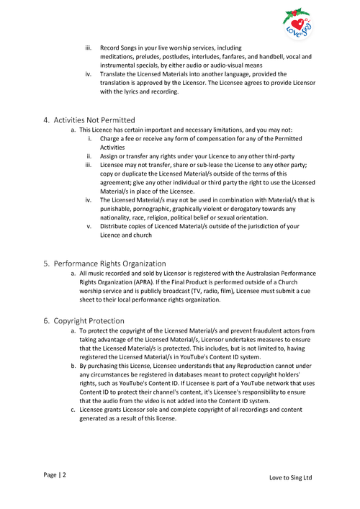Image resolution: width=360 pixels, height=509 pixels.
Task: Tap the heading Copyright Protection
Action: click(89, 320)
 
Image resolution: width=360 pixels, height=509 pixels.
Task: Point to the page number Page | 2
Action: click(55, 475)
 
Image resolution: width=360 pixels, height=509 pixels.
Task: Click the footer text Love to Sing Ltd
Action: click(291, 478)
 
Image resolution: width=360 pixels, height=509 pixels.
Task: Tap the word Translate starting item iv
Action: click(115, 74)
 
